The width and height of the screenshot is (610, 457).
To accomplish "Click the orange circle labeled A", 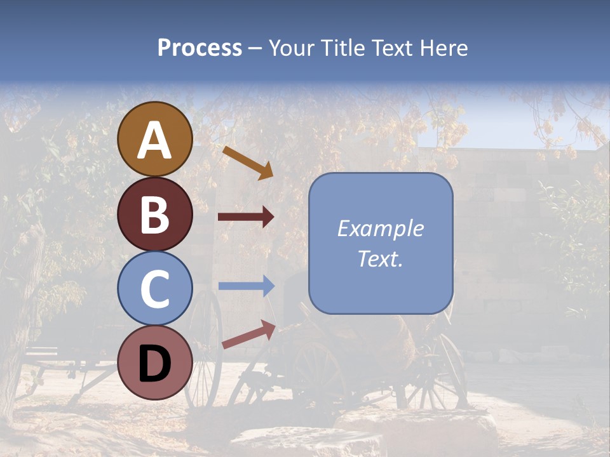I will point(154,139).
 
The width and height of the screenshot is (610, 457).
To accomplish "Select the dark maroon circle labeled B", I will point(154,214).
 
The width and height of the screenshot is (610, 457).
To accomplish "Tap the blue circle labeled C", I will point(154,288).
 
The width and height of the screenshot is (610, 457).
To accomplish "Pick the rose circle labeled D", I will point(154,362).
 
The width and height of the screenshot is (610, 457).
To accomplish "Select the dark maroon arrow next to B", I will point(246,217).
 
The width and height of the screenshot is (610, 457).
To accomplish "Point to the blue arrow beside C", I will point(246,286).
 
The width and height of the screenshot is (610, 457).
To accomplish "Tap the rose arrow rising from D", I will point(248,334).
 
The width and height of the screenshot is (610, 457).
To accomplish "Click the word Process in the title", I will point(200,48).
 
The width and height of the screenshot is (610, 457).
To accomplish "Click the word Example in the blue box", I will point(381,228).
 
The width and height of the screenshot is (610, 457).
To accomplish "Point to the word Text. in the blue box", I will point(381,258).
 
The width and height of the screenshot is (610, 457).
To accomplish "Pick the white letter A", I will point(154,140).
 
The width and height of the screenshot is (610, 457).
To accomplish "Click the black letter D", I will point(154,364).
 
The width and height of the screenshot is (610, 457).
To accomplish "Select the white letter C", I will point(154,289).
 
